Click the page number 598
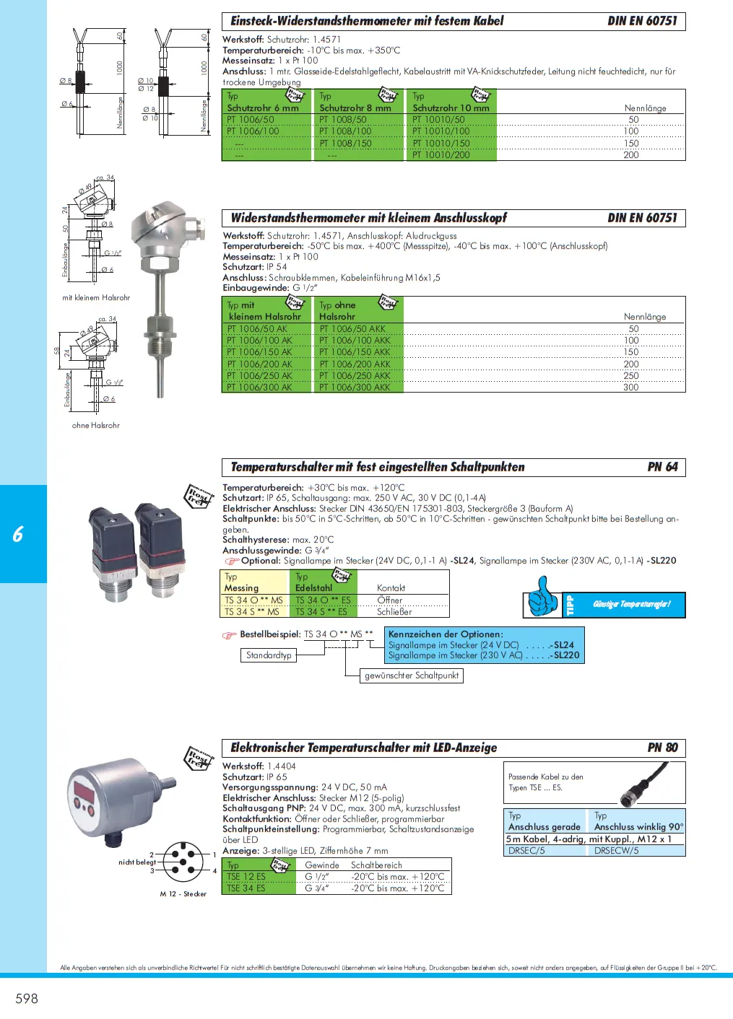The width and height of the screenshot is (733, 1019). tap(27, 998)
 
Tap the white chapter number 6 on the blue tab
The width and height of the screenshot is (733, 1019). tap(18, 534)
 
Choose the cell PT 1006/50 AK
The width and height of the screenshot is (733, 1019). tap(256, 329)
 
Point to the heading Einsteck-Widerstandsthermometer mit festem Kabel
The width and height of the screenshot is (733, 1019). tap(367, 21)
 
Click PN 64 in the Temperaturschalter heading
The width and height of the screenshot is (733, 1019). tap(662, 467)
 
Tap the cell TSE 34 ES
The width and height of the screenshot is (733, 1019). tap(246, 888)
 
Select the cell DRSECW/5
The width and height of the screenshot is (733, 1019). tap(616, 851)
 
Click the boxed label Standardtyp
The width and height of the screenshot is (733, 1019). tap(269, 655)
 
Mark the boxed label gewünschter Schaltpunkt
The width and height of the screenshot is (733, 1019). tap(412, 675)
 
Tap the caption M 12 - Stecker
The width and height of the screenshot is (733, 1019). tap(183, 894)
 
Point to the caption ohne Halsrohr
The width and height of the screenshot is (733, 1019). tap(96, 426)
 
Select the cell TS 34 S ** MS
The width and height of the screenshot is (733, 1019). tap(252, 612)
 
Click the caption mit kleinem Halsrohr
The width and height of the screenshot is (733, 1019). tap(96, 297)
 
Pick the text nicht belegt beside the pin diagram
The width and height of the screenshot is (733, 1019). tap(137, 862)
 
